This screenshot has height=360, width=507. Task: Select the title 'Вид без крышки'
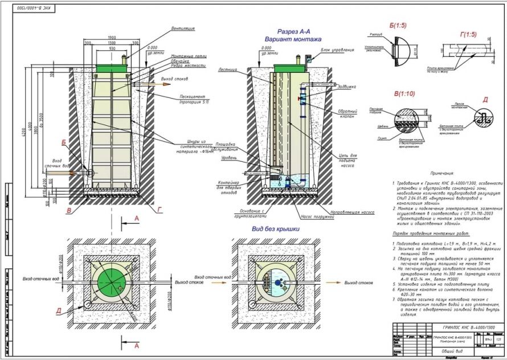pyautogui.click(x=275, y=228)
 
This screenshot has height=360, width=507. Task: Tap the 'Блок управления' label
pyautogui.click(x=329, y=50)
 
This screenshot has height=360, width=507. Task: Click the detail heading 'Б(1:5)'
pyautogui.click(x=374, y=26)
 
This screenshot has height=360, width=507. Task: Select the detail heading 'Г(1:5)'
pyautogui.click(x=468, y=35)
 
